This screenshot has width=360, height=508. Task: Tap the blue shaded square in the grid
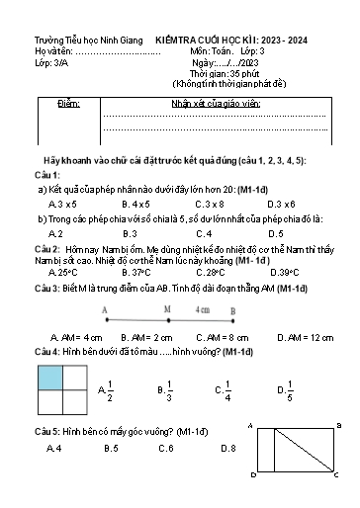click(x=50, y=378)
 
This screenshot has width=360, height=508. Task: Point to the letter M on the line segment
click(x=167, y=308)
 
